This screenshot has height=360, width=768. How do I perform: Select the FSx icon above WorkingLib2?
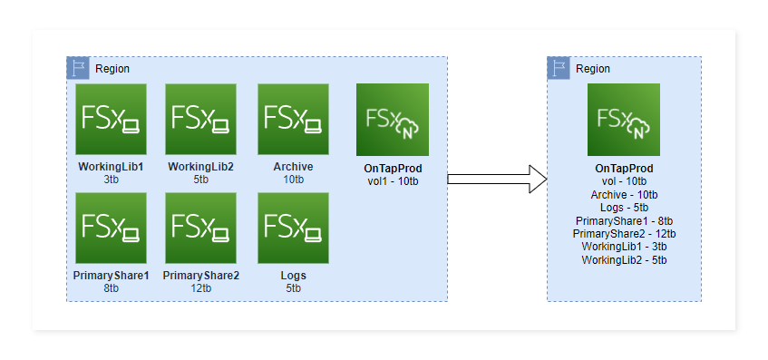point(200,120)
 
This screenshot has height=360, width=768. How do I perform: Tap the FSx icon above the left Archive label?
point(293,120)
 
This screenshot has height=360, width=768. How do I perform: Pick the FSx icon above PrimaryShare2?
point(200,228)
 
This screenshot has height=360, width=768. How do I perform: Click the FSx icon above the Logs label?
point(293,228)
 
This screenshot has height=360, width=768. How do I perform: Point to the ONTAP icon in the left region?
point(392,120)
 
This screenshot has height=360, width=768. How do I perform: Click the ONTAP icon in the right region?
point(623,120)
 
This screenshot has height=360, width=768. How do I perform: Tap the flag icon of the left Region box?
point(78,68)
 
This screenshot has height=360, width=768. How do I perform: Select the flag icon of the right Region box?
point(559,68)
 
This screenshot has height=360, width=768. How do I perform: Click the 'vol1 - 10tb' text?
point(392,181)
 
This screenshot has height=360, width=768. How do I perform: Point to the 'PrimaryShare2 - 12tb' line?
point(624,234)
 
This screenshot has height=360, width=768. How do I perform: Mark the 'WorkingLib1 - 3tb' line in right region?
point(624,247)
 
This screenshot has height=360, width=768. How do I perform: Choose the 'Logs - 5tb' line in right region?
point(624,208)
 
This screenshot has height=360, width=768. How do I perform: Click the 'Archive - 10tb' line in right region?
point(624,195)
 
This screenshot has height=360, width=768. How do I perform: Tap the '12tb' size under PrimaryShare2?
point(200,288)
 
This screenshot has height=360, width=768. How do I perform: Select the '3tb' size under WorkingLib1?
point(111,180)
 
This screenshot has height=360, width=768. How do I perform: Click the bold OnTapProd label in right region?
point(624,169)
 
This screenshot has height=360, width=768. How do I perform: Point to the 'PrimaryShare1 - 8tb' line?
point(624,220)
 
